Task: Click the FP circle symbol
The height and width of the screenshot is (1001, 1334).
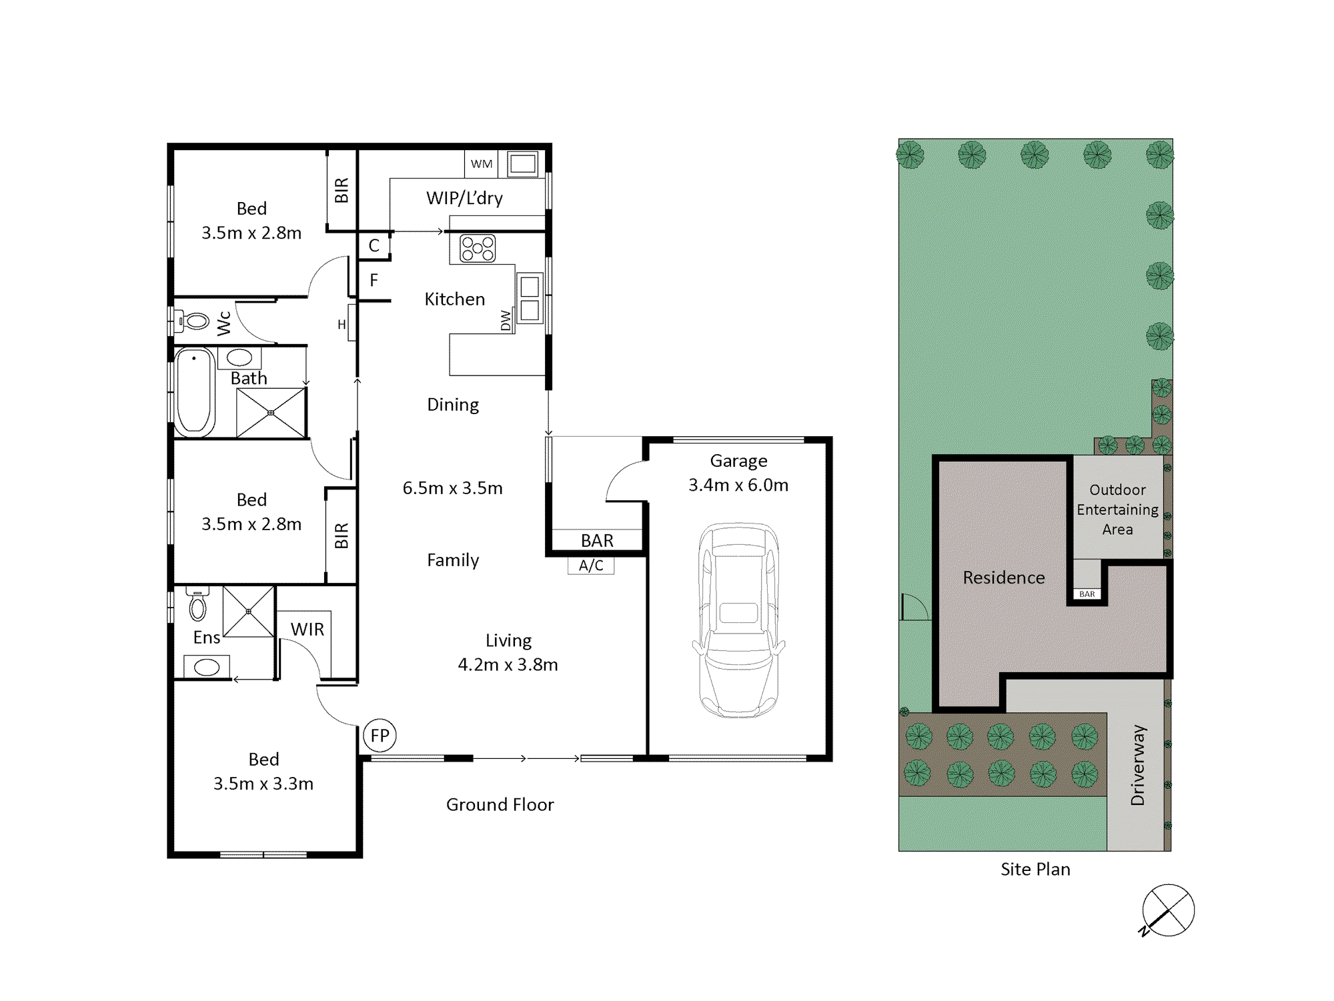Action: tap(380, 736)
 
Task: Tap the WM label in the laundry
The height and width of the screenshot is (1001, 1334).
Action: tap(481, 164)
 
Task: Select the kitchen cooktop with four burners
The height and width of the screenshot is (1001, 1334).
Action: tap(478, 249)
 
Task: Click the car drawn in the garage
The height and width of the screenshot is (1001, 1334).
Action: tap(738, 620)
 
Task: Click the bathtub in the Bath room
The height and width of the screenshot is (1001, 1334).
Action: tap(195, 392)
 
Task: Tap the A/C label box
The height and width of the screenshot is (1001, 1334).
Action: tap(591, 566)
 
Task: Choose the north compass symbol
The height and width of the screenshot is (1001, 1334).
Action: tap(1167, 910)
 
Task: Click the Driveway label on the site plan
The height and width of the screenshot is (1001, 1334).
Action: tap(1138, 765)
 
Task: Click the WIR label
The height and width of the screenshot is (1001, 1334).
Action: tap(307, 629)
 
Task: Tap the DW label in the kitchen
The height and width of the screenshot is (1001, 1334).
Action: tap(506, 320)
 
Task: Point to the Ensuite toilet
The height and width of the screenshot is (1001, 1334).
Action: tap(197, 603)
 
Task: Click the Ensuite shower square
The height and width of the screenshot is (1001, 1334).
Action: tap(248, 612)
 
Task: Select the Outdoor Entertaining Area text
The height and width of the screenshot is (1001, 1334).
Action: tap(1117, 510)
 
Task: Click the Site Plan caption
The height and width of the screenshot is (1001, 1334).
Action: tap(1035, 869)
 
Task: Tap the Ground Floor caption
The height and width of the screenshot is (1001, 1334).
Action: tap(500, 805)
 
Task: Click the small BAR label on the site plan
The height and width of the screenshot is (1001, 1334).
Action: tap(1087, 594)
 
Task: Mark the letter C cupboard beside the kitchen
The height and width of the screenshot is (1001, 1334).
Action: tap(374, 245)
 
